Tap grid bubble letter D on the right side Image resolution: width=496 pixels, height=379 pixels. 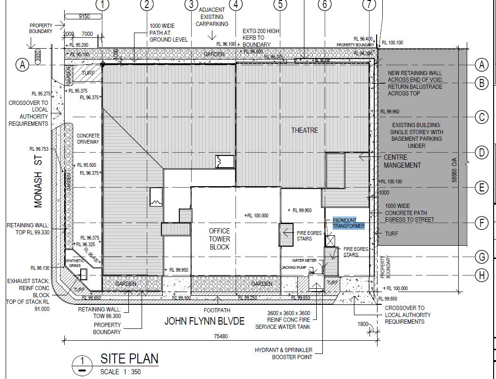(481, 153)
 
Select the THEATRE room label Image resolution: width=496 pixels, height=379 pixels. (304, 130)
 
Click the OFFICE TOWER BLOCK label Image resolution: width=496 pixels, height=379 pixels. (219, 239)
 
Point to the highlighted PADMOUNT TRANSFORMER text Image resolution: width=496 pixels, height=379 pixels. (349, 223)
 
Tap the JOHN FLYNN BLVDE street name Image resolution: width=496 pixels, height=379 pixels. (204, 321)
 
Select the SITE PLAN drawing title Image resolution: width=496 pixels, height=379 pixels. (129, 359)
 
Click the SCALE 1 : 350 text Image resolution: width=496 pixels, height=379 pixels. (120, 371)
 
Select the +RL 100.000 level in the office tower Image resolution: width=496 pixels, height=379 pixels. (257, 215)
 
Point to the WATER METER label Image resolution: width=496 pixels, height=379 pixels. (304, 260)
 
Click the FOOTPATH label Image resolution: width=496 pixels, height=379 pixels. (218, 310)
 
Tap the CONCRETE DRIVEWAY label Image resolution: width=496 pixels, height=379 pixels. (88, 138)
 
